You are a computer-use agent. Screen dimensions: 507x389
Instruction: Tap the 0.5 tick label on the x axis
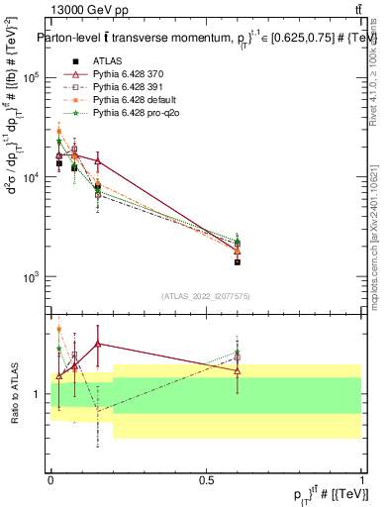[206, 479]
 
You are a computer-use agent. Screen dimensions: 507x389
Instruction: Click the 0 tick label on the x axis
[50, 479]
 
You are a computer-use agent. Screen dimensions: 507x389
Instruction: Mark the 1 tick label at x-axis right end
[361, 479]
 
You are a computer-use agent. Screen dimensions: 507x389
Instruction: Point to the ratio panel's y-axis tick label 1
[39, 394]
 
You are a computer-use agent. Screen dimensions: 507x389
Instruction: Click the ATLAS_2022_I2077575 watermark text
[206, 295]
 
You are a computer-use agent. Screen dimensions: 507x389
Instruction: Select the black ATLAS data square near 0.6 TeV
[238, 261]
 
